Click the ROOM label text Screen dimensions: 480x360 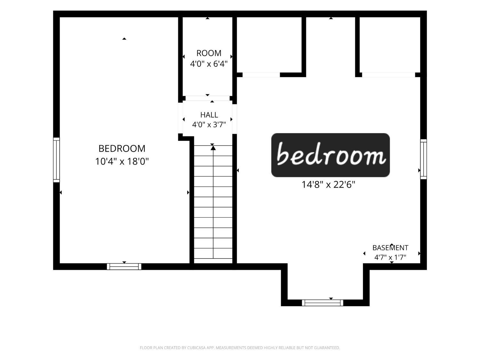point(209,53)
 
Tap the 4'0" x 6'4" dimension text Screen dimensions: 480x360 point(209,64)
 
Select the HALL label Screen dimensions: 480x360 point(209,115)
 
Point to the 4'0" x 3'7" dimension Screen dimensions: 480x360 point(209,124)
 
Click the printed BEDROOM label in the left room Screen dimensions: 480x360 point(122,148)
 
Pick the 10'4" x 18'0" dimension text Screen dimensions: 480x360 point(122,162)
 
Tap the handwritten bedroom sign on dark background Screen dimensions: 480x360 point(331,155)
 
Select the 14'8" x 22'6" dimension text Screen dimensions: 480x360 point(328,185)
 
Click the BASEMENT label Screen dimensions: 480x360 point(390,248)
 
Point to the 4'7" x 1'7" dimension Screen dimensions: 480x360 point(390,257)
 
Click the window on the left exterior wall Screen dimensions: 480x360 point(56,160)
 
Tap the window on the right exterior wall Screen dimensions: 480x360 point(423,159)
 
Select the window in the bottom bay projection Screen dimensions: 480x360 point(323,303)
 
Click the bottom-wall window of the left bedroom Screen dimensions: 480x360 point(124,267)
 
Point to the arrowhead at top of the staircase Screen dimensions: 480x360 point(213,148)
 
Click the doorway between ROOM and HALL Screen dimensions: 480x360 point(208,98)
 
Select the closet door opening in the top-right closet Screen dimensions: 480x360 point(388,75)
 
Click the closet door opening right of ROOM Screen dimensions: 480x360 point(261,75)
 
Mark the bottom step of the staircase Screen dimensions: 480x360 point(213,261)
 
